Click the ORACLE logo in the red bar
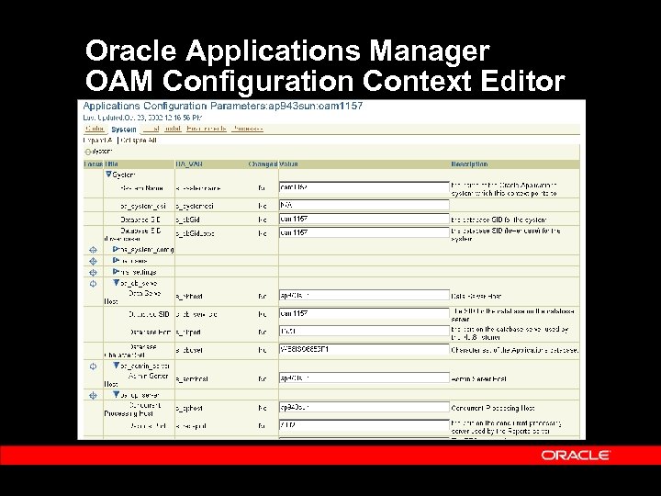tap(576, 455)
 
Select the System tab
tap(124, 130)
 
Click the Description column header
tap(469, 163)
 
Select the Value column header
tap(289, 163)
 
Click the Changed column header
tap(262, 163)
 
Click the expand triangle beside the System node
tap(108, 175)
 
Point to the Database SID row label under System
tap(142, 220)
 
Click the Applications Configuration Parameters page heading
tap(223, 106)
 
